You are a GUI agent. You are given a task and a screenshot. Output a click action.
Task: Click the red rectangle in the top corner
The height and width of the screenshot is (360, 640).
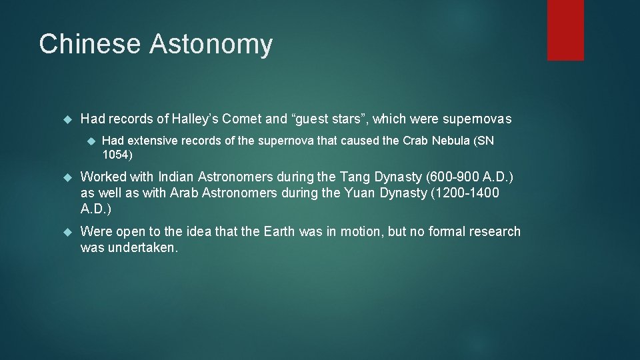[x=565, y=30]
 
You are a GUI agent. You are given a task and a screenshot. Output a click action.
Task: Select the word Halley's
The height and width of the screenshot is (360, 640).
[x=195, y=119]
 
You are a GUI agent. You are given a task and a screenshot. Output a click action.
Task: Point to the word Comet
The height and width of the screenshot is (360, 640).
[x=241, y=119]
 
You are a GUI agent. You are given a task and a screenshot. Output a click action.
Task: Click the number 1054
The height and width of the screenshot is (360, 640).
[x=116, y=155]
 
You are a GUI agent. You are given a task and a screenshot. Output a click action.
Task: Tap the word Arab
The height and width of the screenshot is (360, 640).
[x=184, y=193]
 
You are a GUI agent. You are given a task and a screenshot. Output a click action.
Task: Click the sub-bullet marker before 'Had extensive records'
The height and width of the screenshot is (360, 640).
[x=90, y=141]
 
